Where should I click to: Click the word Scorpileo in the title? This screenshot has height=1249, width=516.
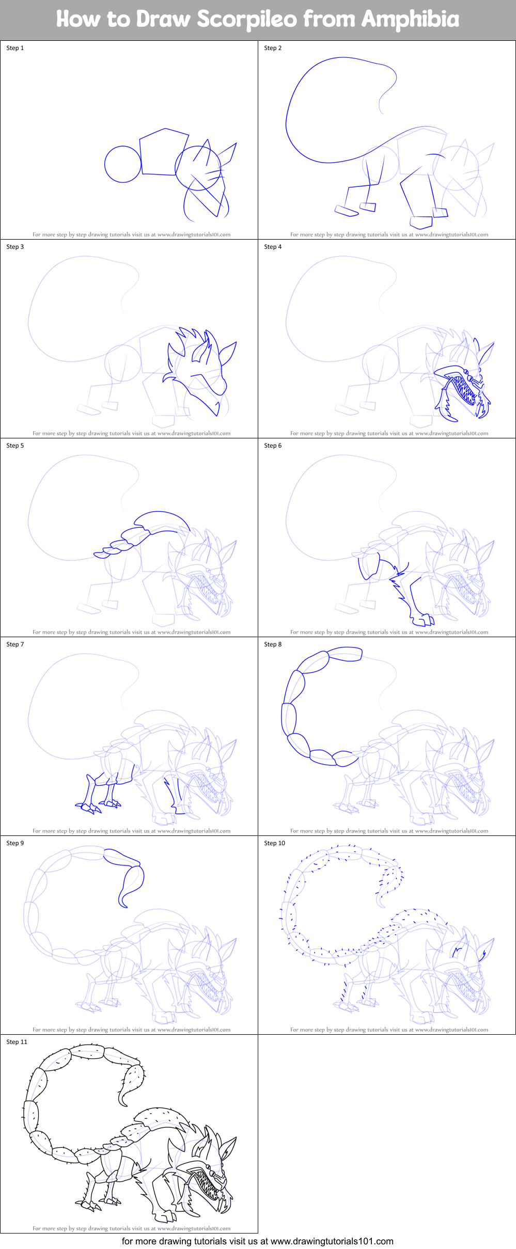(x=247, y=20)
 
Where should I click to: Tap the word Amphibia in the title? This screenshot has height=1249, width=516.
(x=410, y=20)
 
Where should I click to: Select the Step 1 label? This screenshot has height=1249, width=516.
(x=15, y=48)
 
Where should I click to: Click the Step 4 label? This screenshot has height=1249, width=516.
(x=273, y=247)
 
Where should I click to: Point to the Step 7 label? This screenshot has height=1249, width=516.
(x=15, y=644)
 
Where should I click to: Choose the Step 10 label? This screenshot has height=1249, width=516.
(x=274, y=843)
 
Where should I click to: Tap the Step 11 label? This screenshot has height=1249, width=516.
(x=17, y=1042)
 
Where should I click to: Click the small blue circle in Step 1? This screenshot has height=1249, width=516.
(x=122, y=164)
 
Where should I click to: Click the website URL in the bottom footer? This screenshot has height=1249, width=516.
(x=332, y=1241)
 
